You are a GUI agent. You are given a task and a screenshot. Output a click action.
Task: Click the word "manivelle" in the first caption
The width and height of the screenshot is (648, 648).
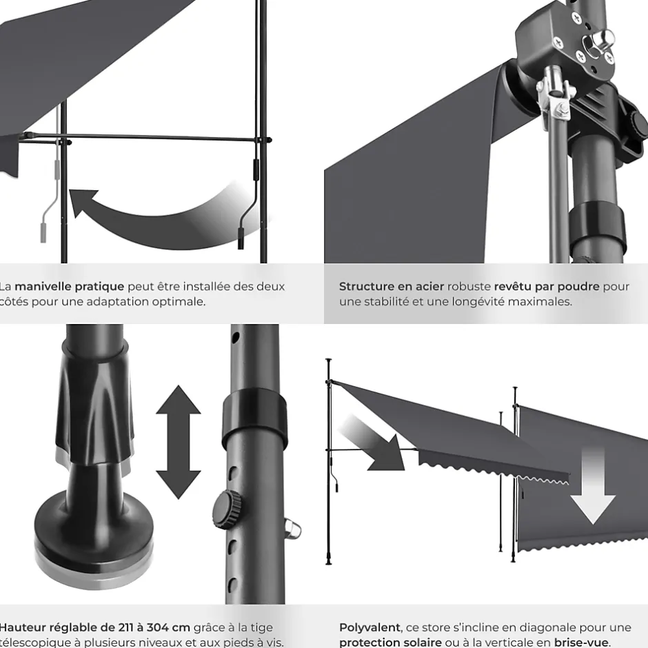click(x=44, y=286)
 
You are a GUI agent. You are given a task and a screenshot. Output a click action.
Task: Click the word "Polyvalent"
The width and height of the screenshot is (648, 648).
click(x=369, y=627)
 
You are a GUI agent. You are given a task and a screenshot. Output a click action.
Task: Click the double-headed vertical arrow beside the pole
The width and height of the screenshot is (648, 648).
click(x=178, y=441)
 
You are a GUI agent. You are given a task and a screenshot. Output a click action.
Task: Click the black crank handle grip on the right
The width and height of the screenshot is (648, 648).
click(x=241, y=235)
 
